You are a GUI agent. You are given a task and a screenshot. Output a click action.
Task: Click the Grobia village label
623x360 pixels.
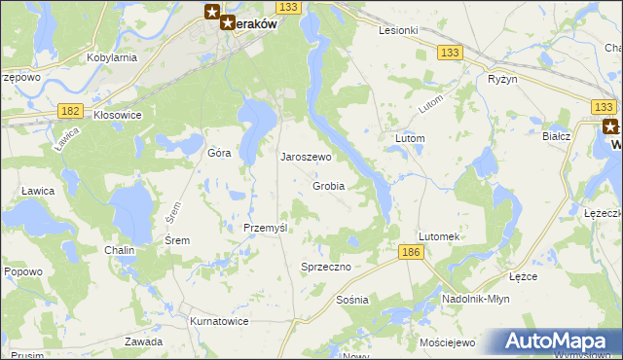point(329,186)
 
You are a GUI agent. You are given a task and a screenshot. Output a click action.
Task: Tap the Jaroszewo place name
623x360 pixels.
point(307,157)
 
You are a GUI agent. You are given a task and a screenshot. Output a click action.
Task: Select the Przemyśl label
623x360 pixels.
point(265,227)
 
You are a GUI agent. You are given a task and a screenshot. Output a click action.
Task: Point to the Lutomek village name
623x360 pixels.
point(438,236)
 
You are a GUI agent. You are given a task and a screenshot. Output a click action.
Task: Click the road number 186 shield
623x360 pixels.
point(411,253)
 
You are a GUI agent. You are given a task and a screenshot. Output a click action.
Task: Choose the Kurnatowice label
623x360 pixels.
point(218,321)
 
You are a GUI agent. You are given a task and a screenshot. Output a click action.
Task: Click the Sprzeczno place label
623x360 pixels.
point(325,266)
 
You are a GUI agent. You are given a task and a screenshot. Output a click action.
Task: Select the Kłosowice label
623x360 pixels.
point(118,115)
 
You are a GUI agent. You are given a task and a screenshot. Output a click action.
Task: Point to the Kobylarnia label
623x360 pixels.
point(111,57)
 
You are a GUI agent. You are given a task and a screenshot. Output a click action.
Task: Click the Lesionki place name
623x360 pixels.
point(398,30)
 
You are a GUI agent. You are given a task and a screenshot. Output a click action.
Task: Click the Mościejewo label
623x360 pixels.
point(446,343)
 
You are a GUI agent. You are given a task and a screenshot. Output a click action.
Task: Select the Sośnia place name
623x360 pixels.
point(351,300)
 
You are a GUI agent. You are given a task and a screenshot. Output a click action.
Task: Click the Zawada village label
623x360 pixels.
point(143,342)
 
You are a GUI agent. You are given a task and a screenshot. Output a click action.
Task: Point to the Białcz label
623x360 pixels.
point(556,137)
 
